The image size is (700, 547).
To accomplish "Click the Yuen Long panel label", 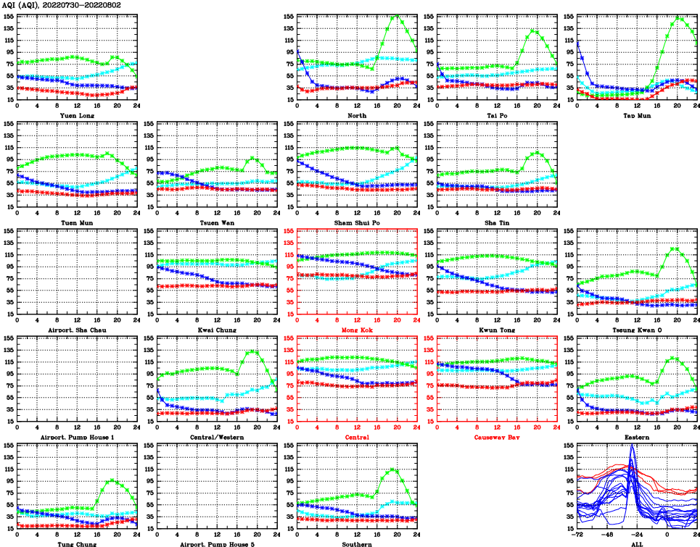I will (77, 115).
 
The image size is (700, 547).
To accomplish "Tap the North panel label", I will (357, 115).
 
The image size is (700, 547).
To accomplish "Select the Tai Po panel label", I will (497, 115).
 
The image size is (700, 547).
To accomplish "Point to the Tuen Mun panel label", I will (77, 222).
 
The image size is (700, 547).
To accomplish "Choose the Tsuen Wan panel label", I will (217, 222).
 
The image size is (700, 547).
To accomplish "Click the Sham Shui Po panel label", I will (357, 222).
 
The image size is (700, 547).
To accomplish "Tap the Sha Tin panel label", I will (497, 222).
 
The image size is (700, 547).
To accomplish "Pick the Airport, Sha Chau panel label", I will (77, 330).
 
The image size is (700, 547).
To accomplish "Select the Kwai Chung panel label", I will (217, 330).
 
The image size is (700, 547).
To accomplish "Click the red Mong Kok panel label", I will (357, 330).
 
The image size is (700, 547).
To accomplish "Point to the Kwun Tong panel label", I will (497, 330).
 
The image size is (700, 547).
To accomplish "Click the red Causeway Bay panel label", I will (497, 438).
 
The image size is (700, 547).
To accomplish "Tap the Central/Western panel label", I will (217, 438).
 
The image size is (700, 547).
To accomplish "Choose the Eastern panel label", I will (637, 438).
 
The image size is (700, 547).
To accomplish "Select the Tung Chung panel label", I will (77, 544).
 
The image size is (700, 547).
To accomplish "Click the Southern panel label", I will (357, 544).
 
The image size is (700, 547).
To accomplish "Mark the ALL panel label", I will (637, 544).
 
